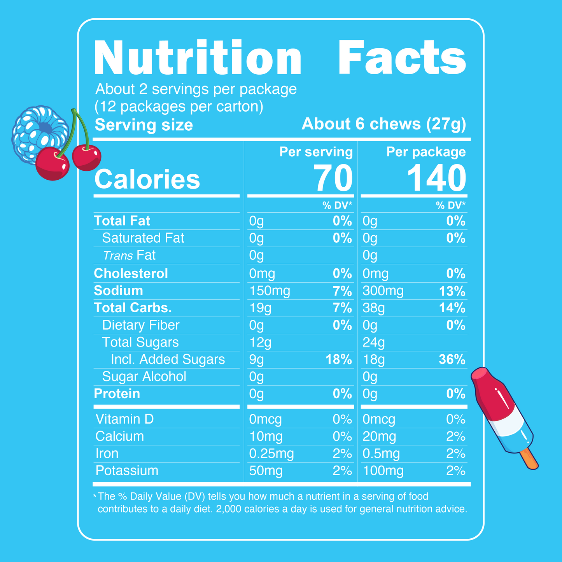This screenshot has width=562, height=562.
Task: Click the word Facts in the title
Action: pyautogui.click(x=402, y=58)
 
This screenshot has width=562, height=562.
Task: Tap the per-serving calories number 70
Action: pyautogui.click(x=333, y=179)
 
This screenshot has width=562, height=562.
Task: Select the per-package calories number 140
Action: pyautogui.click(x=436, y=179)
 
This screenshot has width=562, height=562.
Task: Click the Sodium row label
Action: pyautogui.click(x=118, y=291)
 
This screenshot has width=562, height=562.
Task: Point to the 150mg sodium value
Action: pyautogui.click(x=270, y=291)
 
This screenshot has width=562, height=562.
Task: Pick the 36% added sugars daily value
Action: pyautogui.click(x=452, y=359)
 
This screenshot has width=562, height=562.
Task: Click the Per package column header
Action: pyautogui.click(x=426, y=152)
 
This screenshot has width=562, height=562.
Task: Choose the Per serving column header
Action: pyautogui.click(x=316, y=152)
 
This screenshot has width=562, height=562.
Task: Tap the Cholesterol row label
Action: pyautogui.click(x=131, y=273)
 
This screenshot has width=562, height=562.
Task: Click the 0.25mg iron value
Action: pyautogui.click(x=271, y=453)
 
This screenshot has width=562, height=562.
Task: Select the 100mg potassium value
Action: pyautogui.click(x=383, y=471)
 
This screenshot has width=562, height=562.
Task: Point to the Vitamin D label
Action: pyautogui.click(x=124, y=419)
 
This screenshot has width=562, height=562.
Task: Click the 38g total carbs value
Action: pyautogui.click(x=374, y=308)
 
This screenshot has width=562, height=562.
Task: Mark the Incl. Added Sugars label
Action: pyautogui.click(x=168, y=359)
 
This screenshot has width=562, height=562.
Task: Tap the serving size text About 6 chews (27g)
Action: pyautogui.click(x=383, y=124)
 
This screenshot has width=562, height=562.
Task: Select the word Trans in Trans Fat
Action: pyautogui.click(x=118, y=256)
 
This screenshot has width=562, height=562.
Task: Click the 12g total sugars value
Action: pyautogui.click(x=260, y=343)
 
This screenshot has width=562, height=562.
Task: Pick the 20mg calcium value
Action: pyautogui.click(x=379, y=436)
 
